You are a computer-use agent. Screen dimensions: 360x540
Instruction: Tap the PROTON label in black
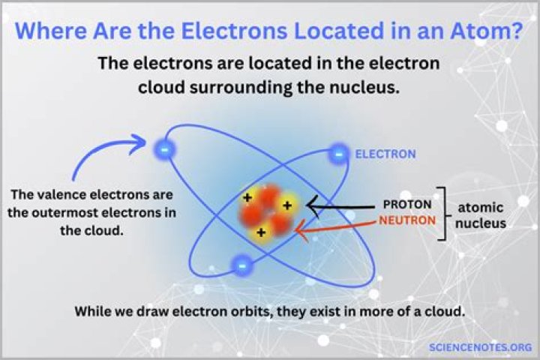pyautogui.click(x=406, y=204)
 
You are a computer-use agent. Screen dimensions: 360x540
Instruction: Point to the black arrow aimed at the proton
pyautogui.click(x=341, y=205)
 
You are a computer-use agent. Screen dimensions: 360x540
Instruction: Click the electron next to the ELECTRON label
pyautogui.click(x=339, y=154)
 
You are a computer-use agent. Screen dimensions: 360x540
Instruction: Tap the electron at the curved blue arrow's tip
pyautogui.click(x=165, y=148)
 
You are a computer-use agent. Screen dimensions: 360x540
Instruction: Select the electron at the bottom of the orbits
pyautogui.click(x=241, y=264)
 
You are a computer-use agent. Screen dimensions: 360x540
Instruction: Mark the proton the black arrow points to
pyautogui.click(x=286, y=204)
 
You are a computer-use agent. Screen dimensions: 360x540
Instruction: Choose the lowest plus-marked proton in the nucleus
pyautogui.click(x=261, y=232)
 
